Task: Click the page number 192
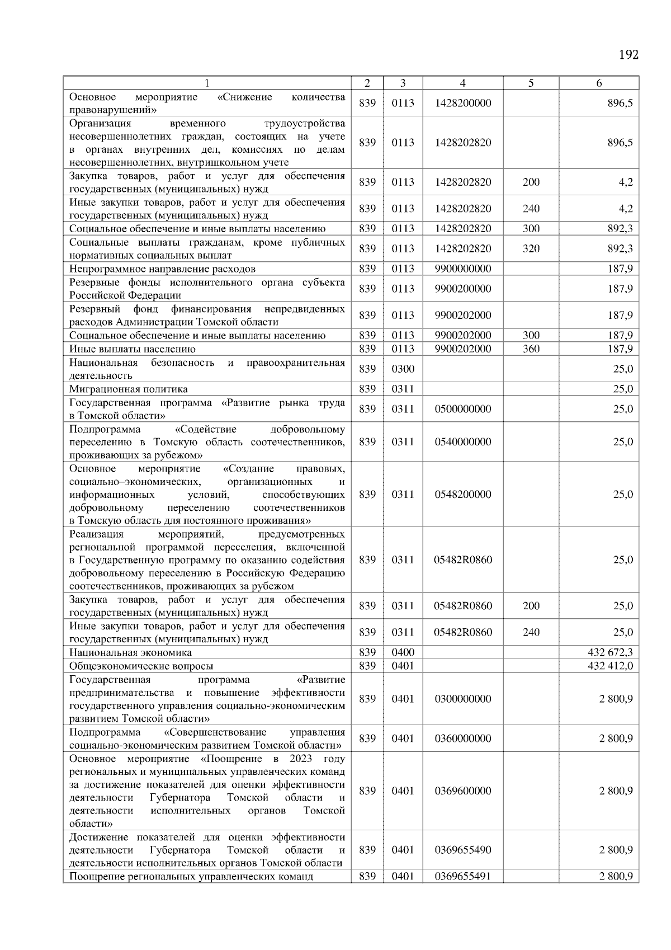[x=629, y=55]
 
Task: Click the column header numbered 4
[x=462, y=83]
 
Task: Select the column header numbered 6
[x=598, y=83]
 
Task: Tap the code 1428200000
[x=463, y=104]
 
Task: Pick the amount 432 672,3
[x=610, y=652]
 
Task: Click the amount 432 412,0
[x=610, y=666]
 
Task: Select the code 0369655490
[x=463, y=850]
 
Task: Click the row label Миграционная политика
[x=129, y=389]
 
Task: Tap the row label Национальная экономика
[x=130, y=652]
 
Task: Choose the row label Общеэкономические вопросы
[x=141, y=666]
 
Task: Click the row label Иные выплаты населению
[x=133, y=349]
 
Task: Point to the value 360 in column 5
[x=531, y=349]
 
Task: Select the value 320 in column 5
[x=531, y=248]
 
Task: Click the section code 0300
[x=403, y=369]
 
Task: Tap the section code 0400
[x=403, y=652]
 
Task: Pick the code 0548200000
[x=463, y=495]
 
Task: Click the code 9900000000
[x=463, y=269]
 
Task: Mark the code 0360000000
[x=463, y=739]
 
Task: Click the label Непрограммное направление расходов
[x=162, y=269]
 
